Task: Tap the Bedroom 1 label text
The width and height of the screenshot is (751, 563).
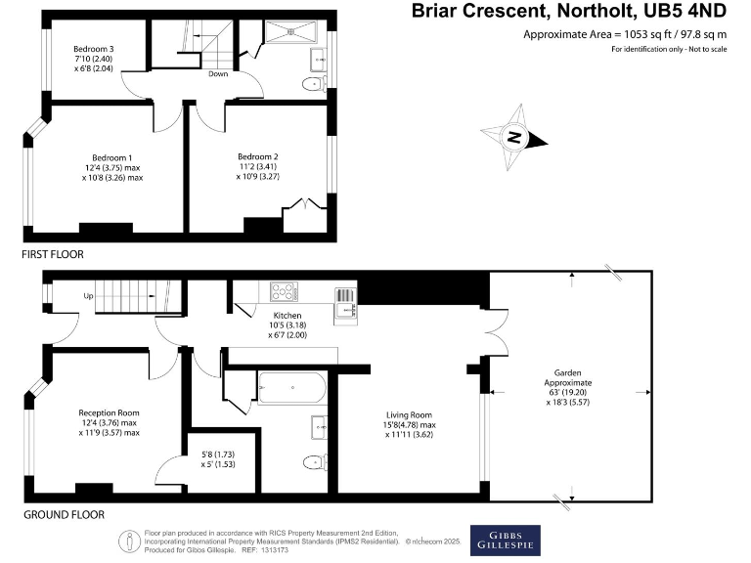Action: click(112, 158)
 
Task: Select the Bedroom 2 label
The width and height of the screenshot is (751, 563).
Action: click(258, 156)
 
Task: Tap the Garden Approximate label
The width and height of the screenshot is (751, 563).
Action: click(568, 374)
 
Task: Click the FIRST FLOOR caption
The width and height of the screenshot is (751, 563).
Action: click(54, 254)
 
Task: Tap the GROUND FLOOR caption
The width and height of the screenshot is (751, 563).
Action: click(64, 514)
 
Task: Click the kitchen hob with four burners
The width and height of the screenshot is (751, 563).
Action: click(284, 291)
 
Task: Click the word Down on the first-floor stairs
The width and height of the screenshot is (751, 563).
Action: click(217, 73)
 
